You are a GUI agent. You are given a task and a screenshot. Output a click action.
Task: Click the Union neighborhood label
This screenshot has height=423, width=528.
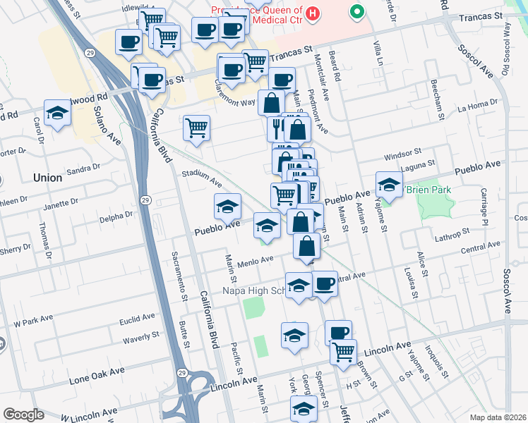coord(47,178)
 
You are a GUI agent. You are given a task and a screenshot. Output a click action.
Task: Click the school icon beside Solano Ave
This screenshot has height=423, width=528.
coord(57,113)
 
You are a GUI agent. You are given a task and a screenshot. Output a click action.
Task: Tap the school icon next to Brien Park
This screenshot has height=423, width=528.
coord(388,185)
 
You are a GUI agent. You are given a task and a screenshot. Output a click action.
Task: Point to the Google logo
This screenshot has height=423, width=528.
coord(23,415)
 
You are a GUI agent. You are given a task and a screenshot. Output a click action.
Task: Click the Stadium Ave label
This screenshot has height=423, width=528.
coord(201,178)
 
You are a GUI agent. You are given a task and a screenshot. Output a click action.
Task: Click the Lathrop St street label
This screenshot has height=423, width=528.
coord(452,233)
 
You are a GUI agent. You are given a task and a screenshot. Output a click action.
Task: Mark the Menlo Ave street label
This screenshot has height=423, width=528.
coord(255,260)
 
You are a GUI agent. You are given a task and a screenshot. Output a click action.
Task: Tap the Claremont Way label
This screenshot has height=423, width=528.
coord(234,102)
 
